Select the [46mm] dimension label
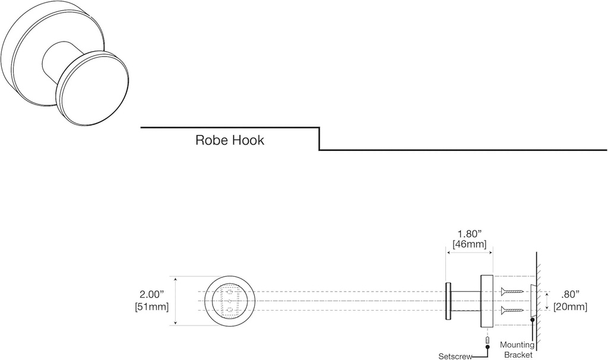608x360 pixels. (x=470, y=244)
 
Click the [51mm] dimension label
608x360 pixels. (x=152, y=307)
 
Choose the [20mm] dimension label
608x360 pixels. (x=570, y=307)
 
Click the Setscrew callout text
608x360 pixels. (x=455, y=356)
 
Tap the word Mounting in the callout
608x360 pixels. (x=517, y=345)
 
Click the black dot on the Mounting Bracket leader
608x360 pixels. (x=533, y=320)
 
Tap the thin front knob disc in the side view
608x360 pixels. (x=448, y=301)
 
